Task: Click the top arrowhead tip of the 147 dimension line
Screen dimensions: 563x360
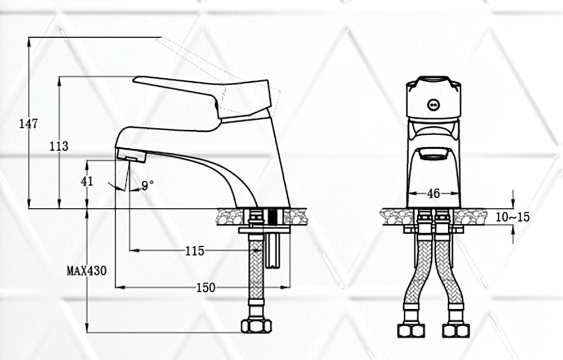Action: (x=29, y=37)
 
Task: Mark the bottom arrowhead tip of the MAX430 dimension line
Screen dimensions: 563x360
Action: (x=87, y=332)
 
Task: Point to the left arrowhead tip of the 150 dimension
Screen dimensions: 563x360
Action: (x=115, y=287)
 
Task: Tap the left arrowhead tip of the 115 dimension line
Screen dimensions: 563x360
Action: (x=130, y=250)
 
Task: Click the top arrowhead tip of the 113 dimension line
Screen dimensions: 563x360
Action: (x=60, y=77)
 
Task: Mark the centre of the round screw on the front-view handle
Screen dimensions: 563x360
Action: (x=434, y=105)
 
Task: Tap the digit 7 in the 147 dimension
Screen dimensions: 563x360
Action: (x=34, y=124)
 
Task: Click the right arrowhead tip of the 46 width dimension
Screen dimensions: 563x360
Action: (x=460, y=194)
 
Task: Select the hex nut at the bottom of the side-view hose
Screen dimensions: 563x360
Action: (x=256, y=326)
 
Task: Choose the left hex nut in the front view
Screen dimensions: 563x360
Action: (x=411, y=330)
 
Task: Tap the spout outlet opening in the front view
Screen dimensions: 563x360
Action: (x=434, y=154)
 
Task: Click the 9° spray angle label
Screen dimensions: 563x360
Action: (x=147, y=186)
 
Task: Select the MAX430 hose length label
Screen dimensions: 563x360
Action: (x=87, y=270)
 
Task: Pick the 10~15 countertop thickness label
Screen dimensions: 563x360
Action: (x=512, y=217)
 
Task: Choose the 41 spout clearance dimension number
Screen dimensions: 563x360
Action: (x=87, y=181)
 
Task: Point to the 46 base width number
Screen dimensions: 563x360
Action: (x=434, y=194)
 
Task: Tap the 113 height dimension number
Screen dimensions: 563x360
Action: (x=59, y=146)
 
